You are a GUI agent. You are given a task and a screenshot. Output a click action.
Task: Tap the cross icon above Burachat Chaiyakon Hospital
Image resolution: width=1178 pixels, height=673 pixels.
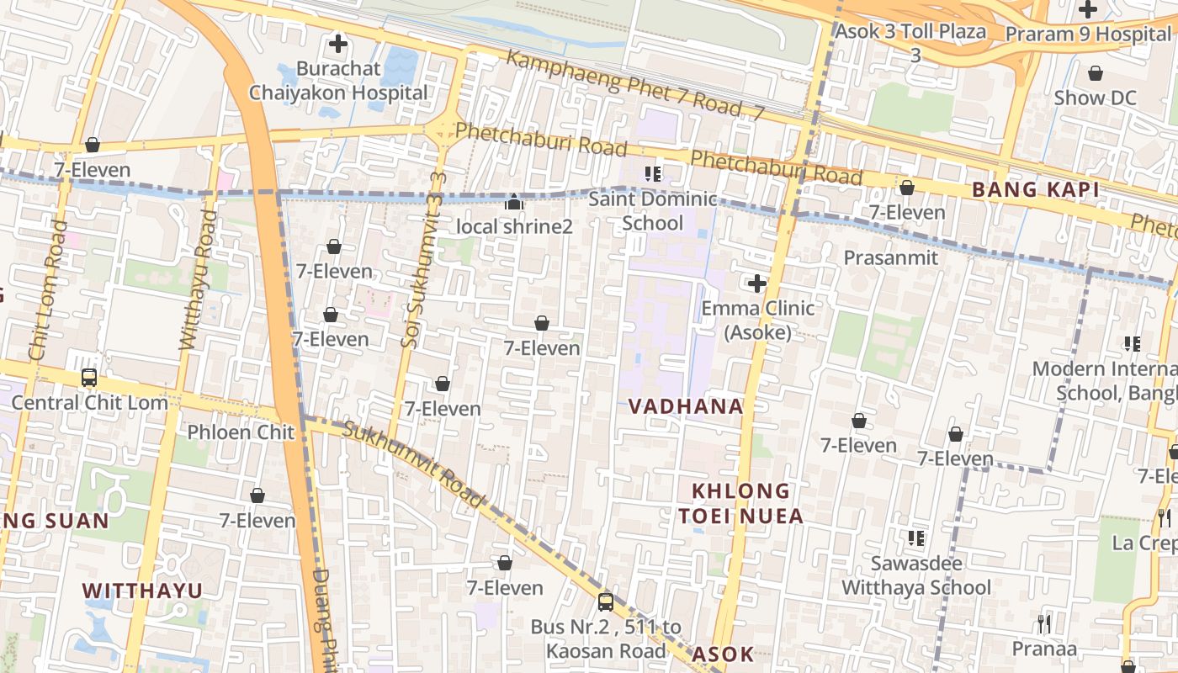tap(338, 44)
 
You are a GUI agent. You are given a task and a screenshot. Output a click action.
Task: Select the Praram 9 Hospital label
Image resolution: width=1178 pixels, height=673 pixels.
tap(1088, 34)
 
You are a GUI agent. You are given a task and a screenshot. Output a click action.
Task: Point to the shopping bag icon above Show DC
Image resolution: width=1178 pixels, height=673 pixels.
tap(1095, 74)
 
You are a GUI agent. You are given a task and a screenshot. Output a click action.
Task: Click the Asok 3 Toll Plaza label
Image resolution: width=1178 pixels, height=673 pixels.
tap(910, 32)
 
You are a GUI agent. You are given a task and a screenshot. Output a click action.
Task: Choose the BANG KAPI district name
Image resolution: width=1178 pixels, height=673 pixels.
tap(1035, 190)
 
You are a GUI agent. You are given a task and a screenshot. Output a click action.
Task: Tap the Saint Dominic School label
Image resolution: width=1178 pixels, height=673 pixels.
tap(652, 211)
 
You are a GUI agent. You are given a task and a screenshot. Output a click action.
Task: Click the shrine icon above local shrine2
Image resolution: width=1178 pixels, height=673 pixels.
tap(513, 202)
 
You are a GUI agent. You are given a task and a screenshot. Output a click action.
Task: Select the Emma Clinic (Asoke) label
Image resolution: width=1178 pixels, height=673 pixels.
tap(757, 320)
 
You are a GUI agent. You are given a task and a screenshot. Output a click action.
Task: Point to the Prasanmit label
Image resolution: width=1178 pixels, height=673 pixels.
tap(890, 257)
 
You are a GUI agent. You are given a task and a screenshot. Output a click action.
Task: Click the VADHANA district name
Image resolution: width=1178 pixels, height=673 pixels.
tap(686, 406)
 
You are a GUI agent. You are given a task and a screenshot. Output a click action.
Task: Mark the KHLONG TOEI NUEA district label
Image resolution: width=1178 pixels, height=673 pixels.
tap(741, 503)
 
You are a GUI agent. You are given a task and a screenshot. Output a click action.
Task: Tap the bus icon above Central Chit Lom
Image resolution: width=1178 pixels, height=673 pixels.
tap(89, 378)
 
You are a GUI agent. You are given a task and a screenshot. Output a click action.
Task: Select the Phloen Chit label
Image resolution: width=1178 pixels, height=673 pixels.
tap(241, 432)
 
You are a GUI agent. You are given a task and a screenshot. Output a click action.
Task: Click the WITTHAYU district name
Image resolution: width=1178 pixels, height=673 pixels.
tap(143, 591)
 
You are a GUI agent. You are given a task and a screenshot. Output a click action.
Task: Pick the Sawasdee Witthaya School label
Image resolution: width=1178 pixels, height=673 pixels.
tap(916, 575)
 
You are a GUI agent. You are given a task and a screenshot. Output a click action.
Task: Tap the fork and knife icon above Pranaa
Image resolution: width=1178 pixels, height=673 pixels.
tap(1043, 623)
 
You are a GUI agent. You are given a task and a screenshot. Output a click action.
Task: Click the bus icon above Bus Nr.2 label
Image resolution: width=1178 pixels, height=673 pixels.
tap(605, 601)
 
